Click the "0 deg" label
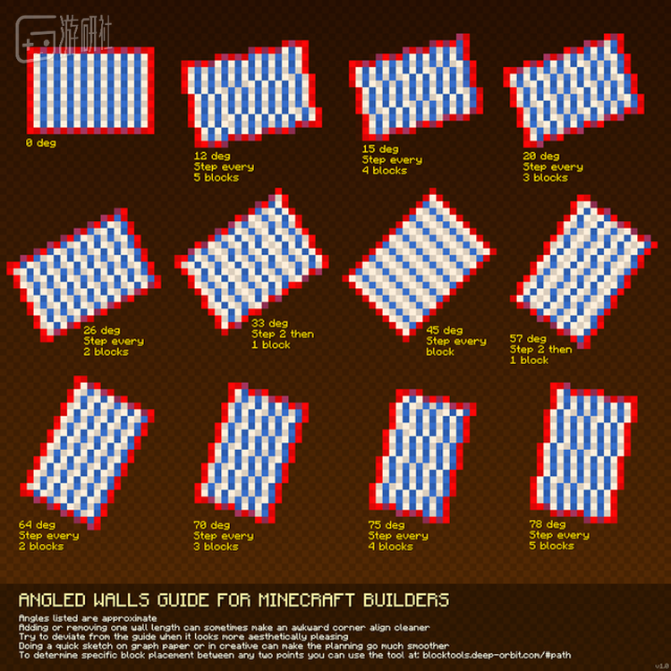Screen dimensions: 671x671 coord(40,142)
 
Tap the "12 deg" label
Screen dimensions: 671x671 coord(212,156)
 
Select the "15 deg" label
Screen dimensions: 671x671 coord(380,149)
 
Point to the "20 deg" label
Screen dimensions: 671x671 coord(541,156)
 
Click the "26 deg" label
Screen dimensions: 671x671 coord(102,330)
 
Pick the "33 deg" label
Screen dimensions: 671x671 coord(269,323)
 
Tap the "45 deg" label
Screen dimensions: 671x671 coord(444,330)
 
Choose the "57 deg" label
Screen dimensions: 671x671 coord(528,338)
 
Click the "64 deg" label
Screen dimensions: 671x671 coord(37,524)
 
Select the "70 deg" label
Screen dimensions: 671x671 coord(211,524)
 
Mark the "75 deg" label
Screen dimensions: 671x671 coord(386,524)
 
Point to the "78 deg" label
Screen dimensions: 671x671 coord(548,523)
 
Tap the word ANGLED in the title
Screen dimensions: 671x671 coord(52,599)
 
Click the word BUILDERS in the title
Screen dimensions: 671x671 coord(405,599)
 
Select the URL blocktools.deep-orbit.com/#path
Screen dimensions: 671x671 coord(496,655)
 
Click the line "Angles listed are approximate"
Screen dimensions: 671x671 coord(88,618)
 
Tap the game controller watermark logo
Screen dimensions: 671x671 coord(36,38)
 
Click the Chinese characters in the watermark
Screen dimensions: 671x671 coord(86,33)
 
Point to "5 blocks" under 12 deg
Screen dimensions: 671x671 coord(217,177)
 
